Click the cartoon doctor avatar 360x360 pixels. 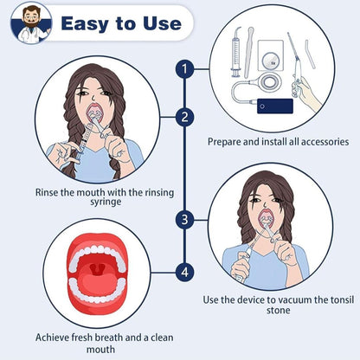[31, 23]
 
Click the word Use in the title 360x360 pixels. [162, 23]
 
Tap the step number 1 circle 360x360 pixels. [184, 69]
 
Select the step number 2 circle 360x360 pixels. [184, 117]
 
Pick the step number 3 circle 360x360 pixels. [184, 220]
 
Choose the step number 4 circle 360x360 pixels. [184, 272]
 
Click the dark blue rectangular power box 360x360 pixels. [275, 106]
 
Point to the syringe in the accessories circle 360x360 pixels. [236, 53]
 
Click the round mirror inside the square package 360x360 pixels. [270, 61]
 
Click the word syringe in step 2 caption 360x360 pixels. [106, 202]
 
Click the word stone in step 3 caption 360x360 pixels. [279, 311]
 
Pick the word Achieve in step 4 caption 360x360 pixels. [52, 337]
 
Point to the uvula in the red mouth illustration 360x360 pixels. [98, 268]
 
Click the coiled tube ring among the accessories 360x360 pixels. [270, 82]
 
